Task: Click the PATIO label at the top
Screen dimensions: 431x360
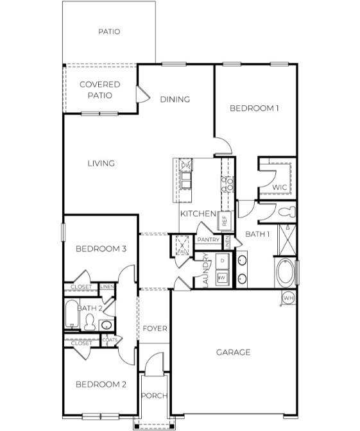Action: tap(109, 31)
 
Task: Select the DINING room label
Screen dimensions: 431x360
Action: tap(175, 99)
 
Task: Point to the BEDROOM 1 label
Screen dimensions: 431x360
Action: tap(254, 108)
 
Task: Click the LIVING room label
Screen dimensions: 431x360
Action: tap(101, 164)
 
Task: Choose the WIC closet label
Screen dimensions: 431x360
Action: tap(279, 187)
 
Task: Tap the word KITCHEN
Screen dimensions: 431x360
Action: tap(196, 214)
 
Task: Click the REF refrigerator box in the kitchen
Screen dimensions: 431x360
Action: tap(225, 219)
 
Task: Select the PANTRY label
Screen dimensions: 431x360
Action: tap(209, 240)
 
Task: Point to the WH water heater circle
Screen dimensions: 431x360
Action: tap(288, 298)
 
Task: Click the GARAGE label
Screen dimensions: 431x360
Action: tap(232, 352)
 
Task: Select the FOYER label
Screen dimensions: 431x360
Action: tap(155, 328)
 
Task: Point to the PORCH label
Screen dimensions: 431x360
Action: tap(154, 396)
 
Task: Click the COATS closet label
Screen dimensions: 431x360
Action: tap(117, 340)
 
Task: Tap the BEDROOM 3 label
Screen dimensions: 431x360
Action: tap(100, 249)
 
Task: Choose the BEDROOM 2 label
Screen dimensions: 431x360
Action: tap(100, 384)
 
